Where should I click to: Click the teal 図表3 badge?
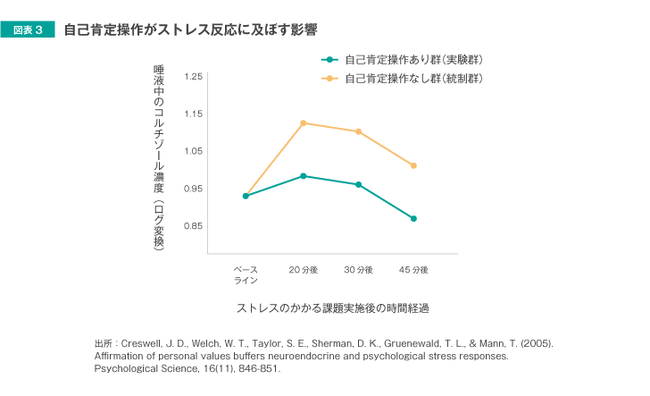34,30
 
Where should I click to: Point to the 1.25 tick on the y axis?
193,77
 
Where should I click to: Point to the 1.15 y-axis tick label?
193,114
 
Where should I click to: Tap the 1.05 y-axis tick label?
193,152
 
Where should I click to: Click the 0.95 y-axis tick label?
193,190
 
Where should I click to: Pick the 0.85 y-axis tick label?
193,227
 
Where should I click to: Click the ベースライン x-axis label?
246,274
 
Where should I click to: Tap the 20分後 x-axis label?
304,269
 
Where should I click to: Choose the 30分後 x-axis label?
359,269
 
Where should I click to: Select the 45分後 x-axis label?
413,269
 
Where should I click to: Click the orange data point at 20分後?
304,122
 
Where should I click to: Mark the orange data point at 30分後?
359,131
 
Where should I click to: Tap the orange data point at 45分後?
413,165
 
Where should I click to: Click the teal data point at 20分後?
304,176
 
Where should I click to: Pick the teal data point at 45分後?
413,218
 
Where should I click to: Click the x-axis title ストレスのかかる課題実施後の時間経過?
332,308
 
